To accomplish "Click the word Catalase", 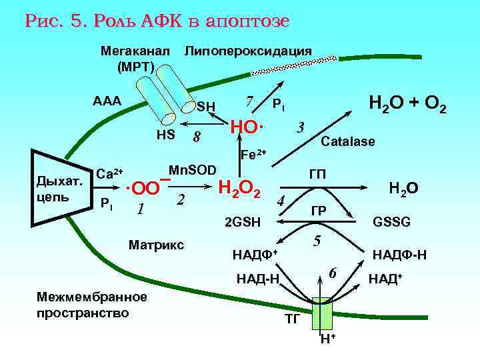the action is click(348, 142).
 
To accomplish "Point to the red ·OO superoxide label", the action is click(143, 188).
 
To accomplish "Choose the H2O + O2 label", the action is click(407, 105).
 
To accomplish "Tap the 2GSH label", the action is click(243, 221).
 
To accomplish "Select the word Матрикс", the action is click(155, 245).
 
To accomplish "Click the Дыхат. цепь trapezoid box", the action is click(59, 187).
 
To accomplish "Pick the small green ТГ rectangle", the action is click(325, 312).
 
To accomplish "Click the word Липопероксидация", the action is click(247, 51).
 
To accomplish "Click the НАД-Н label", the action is click(257, 277).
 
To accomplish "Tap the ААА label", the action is click(107, 101).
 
